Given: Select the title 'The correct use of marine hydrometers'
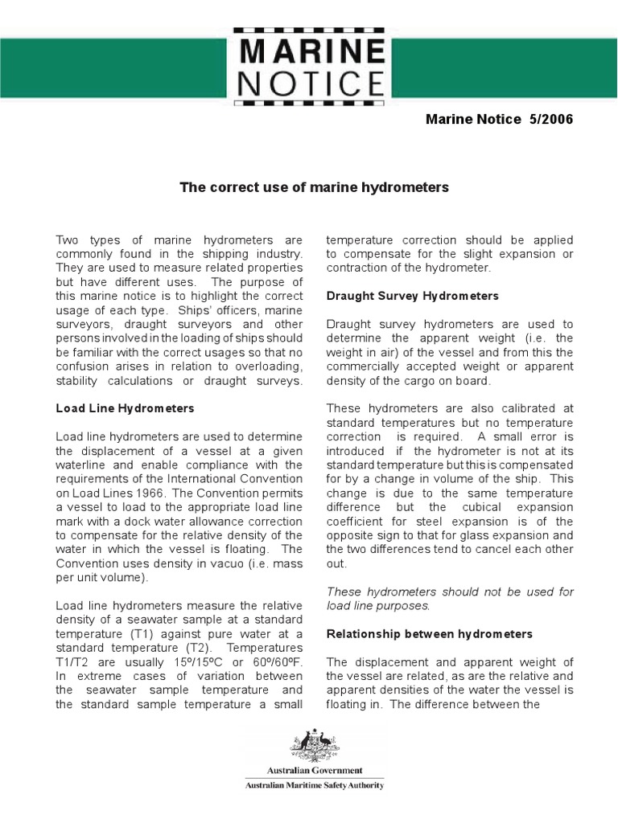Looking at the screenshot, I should tap(314, 187).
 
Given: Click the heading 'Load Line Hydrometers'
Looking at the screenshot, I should tap(125, 408).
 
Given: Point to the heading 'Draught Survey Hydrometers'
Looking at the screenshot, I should tap(412, 296).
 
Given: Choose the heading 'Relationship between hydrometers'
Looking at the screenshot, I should tap(429, 634).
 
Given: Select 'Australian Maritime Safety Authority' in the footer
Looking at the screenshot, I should tap(315, 785).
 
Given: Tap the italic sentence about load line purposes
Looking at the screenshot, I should tap(450, 599).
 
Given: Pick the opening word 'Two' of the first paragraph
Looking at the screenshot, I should tap(68, 240).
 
